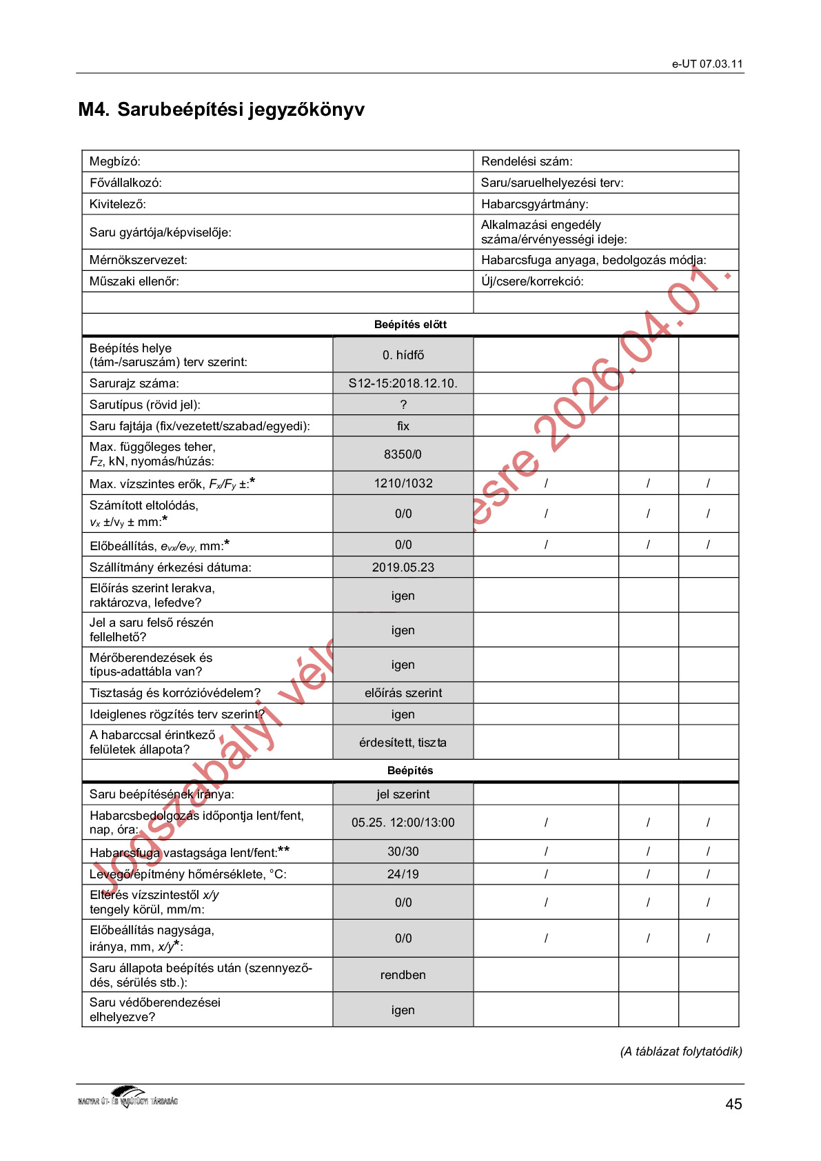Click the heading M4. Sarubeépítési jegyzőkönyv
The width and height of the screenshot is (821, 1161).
(221, 110)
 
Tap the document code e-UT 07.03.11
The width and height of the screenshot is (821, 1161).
(707, 64)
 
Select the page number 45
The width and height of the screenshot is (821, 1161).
(733, 1104)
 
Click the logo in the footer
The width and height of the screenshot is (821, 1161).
(128, 1097)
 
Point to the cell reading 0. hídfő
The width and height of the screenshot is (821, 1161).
(403, 355)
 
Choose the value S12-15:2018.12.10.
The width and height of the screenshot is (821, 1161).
(403, 383)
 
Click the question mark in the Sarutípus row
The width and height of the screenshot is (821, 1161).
(403, 405)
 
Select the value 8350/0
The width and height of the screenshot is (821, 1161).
(403, 454)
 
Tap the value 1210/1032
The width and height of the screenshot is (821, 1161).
(403, 483)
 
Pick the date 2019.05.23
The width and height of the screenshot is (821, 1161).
(403, 567)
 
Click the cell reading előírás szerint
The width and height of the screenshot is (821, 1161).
(403, 693)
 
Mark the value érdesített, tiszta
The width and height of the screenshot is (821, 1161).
(403, 743)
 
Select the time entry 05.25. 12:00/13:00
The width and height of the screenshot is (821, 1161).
(403, 822)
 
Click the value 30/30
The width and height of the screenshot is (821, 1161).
(403, 851)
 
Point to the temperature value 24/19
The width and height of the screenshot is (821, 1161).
(403, 874)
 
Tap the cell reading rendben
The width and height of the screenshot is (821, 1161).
(403, 975)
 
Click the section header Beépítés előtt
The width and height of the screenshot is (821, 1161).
(410, 325)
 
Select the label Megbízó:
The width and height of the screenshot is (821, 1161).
(115, 161)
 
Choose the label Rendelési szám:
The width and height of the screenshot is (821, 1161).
(527, 161)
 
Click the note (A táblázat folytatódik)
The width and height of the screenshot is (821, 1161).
(681, 1051)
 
